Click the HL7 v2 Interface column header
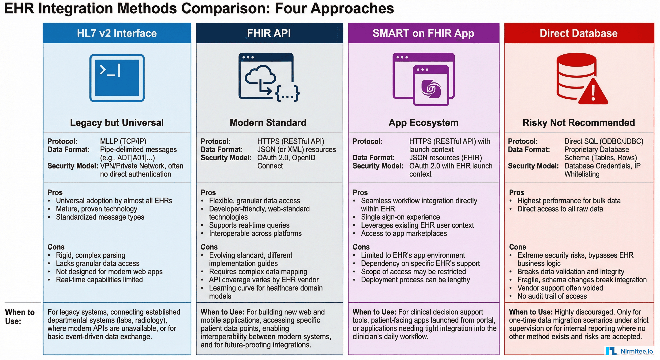coord(117,33)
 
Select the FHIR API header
coord(269,33)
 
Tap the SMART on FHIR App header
coord(423,33)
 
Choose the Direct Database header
coord(578,33)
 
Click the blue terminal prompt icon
coord(117,78)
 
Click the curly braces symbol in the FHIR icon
coord(287,94)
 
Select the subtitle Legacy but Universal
coord(117,123)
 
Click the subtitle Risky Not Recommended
coord(578,123)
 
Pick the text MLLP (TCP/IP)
coord(123,141)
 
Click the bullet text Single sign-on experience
coord(400,217)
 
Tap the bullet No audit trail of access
coord(552,296)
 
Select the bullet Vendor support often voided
coord(560,288)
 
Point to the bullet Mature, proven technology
coord(97,209)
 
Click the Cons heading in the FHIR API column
coord(209,247)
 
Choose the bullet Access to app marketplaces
coord(404,233)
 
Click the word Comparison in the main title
coord(226,8)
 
